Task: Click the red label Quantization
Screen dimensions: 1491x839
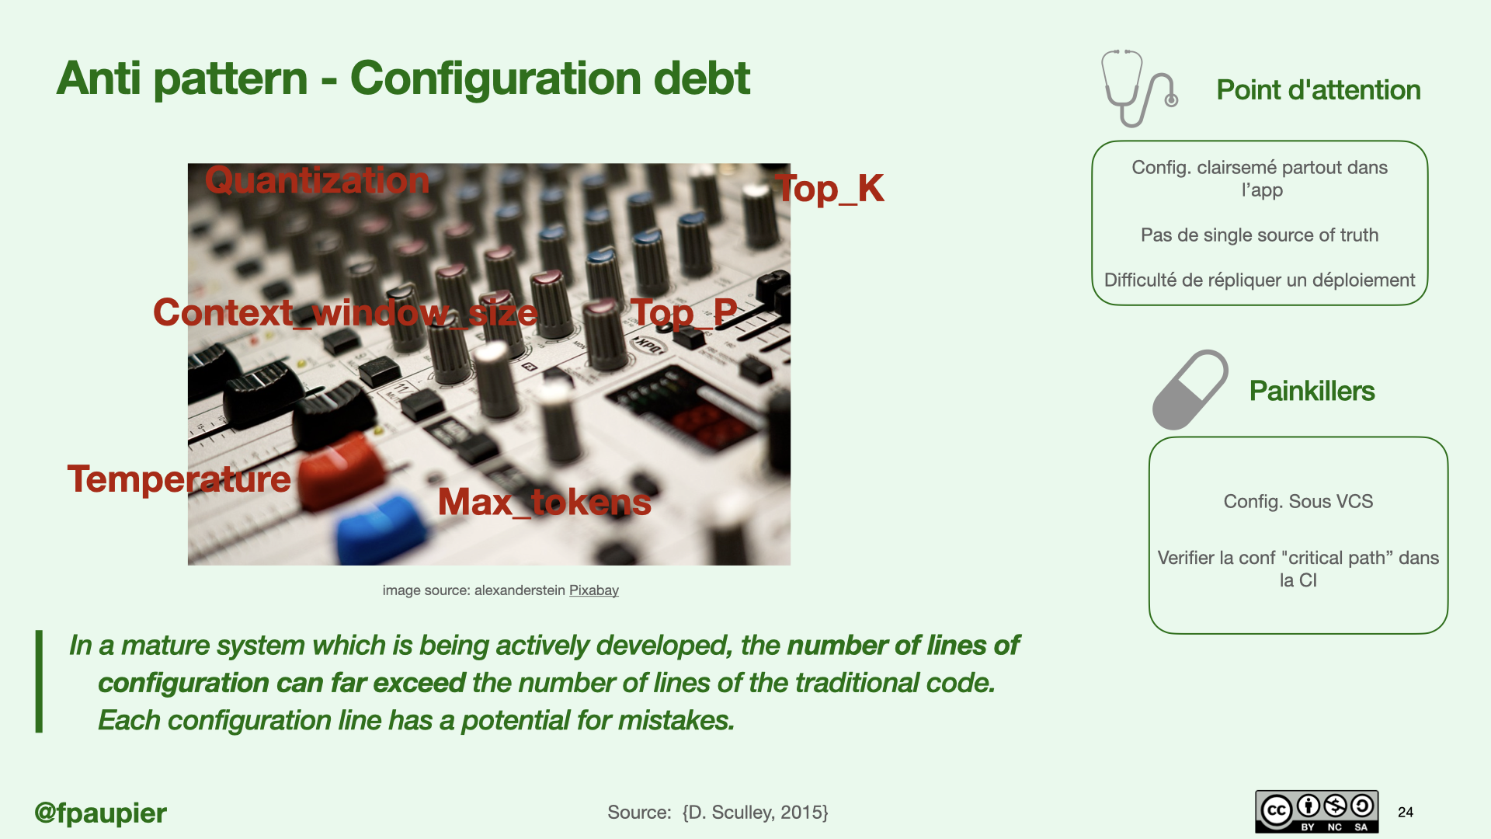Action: click(x=317, y=181)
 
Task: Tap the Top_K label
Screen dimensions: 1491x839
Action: click(x=829, y=189)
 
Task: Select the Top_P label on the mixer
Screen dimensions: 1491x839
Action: click(x=683, y=313)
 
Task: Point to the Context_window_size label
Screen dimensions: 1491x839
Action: click(x=345, y=313)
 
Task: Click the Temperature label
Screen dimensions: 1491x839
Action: click(x=179, y=479)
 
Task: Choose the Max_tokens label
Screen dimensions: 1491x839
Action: click(x=544, y=503)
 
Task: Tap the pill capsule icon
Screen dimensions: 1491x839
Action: click(x=1190, y=390)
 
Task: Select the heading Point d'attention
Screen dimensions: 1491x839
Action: click(x=1319, y=90)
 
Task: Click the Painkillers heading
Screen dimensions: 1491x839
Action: click(x=1312, y=391)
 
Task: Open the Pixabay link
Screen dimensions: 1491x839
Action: click(x=594, y=590)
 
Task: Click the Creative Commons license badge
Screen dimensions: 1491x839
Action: click(x=1317, y=812)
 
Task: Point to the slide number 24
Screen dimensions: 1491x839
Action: click(x=1406, y=813)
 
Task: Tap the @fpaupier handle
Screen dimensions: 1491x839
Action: click(x=101, y=813)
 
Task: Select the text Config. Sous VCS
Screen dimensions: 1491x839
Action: click(x=1298, y=502)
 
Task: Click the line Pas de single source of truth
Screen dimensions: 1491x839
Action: click(x=1260, y=235)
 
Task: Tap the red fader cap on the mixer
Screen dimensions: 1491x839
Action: click(x=340, y=469)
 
